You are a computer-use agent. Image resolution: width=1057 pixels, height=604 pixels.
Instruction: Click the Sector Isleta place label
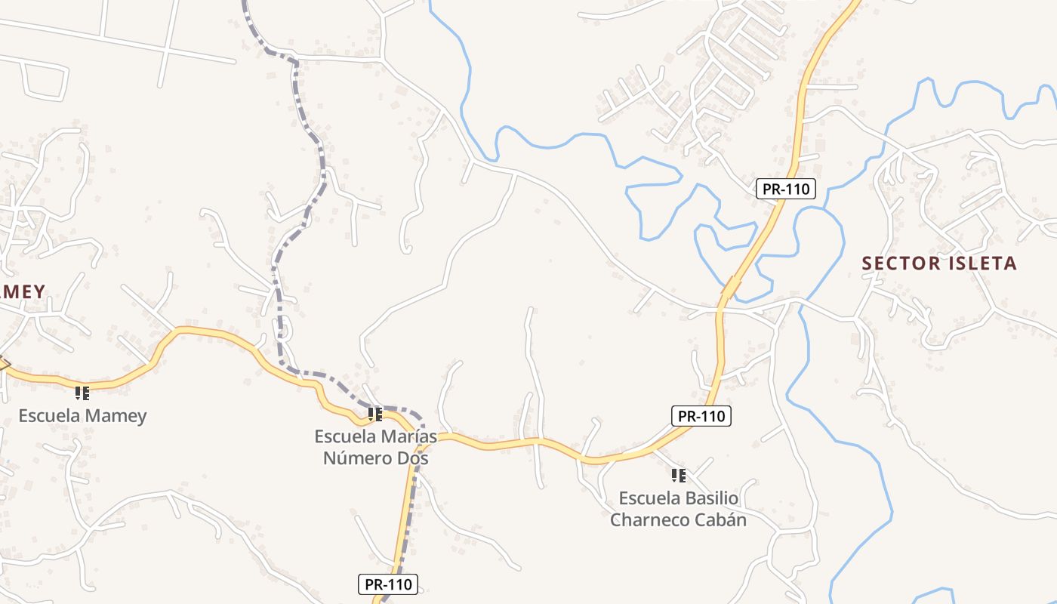(939, 263)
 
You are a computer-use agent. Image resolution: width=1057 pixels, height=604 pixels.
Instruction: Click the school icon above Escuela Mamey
(82, 393)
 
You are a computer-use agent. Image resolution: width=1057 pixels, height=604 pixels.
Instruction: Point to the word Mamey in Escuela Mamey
(116, 415)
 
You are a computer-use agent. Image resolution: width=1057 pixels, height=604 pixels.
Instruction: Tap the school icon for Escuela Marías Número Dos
(375, 414)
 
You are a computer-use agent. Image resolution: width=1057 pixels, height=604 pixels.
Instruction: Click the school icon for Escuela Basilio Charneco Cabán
(678, 476)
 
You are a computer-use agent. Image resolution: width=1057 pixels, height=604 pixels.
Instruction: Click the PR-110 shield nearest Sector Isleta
(786, 189)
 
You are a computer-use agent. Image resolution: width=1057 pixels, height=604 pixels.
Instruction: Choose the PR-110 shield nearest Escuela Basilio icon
(701, 415)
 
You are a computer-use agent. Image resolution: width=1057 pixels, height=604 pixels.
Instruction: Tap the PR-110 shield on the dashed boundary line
(388, 584)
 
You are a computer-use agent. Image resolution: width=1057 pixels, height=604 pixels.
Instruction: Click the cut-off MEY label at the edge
(23, 291)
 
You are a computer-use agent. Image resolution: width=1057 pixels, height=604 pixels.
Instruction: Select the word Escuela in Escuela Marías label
(345, 436)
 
